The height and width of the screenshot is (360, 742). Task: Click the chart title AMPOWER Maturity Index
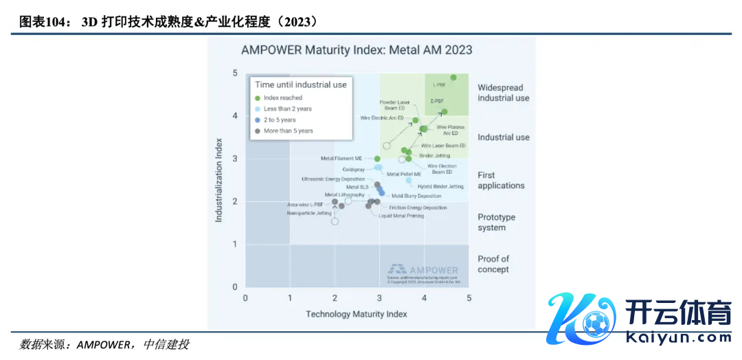tap(357, 50)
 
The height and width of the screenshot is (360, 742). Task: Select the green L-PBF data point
tap(453, 78)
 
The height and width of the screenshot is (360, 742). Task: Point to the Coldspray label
tap(353, 169)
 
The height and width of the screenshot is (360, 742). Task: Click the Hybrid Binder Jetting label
tap(440, 186)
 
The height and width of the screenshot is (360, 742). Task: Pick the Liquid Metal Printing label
tap(401, 216)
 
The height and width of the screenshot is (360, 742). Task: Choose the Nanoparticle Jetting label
tap(309, 213)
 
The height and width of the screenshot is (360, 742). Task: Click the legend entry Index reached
tap(283, 98)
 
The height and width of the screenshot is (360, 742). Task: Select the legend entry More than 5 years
tap(288, 131)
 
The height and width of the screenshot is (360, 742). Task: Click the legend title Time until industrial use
tap(301, 85)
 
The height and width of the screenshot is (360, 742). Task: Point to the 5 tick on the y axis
tap(235, 73)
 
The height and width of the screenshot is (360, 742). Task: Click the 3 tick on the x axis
tap(379, 298)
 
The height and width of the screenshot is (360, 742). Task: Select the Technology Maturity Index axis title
tap(356, 314)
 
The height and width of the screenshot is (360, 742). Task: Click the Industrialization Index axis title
tap(219, 180)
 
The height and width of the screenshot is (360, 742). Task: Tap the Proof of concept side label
tap(493, 264)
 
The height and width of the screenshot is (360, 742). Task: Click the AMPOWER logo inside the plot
tap(423, 269)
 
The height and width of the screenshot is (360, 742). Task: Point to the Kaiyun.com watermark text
tap(679, 337)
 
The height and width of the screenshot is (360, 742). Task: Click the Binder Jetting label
tap(434, 156)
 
